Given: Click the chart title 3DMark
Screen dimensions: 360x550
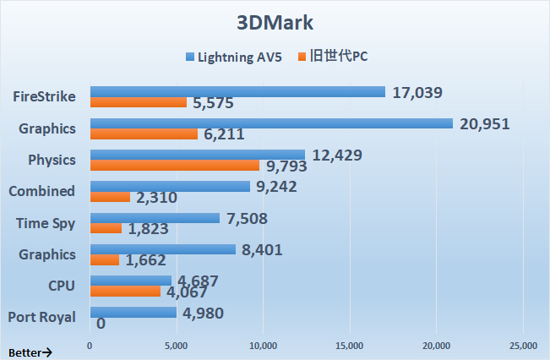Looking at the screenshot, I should coord(275,20).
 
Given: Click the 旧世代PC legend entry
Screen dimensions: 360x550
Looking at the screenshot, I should coord(338,57).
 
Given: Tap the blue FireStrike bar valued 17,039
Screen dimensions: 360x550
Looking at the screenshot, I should coord(237,91).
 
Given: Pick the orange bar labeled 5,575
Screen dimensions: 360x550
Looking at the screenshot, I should coord(138,102).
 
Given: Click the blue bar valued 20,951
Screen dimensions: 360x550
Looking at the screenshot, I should coord(270,123).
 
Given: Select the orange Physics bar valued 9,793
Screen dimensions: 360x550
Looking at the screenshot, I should coord(174,166).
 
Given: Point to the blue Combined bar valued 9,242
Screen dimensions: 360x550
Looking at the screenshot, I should coord(169,186).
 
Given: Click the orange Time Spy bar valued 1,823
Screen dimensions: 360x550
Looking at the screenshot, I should coord(106,228).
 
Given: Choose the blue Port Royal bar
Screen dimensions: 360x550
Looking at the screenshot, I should coord(133,313).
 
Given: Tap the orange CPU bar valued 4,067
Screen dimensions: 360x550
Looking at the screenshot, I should coord(124,292).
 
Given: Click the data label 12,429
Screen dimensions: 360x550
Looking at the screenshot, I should coord(337,155).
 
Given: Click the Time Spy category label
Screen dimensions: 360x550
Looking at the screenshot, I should coord(46,223).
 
